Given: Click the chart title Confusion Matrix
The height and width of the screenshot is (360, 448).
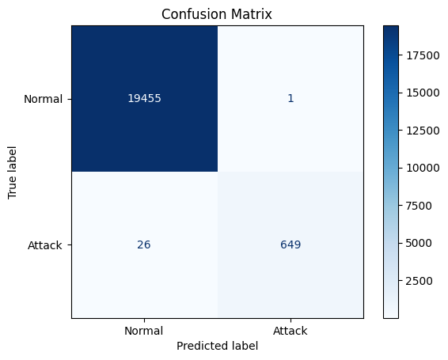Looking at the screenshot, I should point(218,13).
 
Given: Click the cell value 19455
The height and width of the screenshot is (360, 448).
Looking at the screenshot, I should point(144,99).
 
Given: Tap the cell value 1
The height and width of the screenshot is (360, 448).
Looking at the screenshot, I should point(290,99).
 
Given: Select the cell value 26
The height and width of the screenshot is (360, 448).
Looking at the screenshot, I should point(144,245).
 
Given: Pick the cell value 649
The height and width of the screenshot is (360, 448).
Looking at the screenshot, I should point(290,245).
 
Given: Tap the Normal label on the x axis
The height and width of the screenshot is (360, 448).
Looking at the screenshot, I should point(144,331).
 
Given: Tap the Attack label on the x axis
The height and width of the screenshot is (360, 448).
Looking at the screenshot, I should point(290,331).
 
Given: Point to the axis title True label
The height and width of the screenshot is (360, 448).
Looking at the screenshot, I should point(11,172).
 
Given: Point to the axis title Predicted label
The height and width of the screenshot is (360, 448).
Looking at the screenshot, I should point(218,347).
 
